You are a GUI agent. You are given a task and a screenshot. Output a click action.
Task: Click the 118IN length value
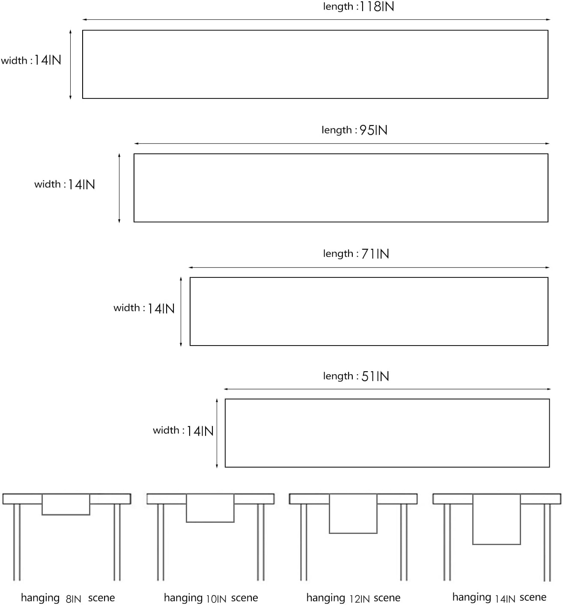[x=377, y=6]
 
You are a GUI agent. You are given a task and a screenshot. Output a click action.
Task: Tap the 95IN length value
[x=373, y=131]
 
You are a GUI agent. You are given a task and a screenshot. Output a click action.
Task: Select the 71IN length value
[x=375, y=254]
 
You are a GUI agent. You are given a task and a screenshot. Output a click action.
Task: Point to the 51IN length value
[x=375, y=376]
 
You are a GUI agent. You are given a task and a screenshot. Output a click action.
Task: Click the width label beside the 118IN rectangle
[x=31, y=60]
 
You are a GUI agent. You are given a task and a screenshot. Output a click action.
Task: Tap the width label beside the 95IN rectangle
[x=65, y=184]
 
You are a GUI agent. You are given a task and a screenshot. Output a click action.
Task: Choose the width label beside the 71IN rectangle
[x=144, y=308]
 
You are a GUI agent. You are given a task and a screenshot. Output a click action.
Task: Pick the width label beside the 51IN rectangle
[x=183, y=431]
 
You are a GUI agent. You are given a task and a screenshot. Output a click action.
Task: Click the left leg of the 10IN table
[x=161, y=542]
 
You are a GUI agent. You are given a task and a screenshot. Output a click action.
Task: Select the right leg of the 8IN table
[x=117, y=542]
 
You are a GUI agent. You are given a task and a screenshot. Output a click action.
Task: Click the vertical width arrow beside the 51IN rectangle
[x=217, y=433]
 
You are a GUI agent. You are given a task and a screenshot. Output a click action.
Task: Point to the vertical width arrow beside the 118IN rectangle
[x=70, y=64]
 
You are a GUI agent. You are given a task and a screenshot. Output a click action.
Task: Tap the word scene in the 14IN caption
[x=533, y=597]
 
